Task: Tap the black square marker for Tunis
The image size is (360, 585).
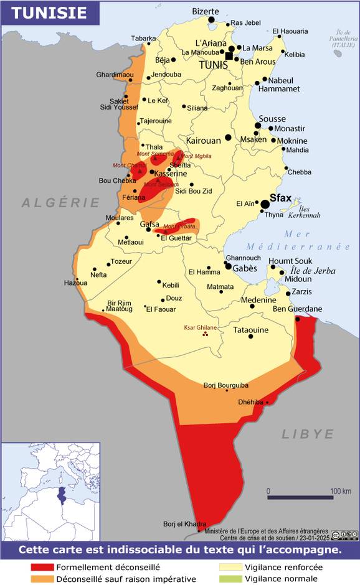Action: coord(229,57)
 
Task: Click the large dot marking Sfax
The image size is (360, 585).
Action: coord(265,204)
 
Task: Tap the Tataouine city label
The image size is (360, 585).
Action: coord(250,330)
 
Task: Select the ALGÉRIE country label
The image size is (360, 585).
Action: coord(60,203)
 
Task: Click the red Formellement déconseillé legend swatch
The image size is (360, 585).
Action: coord(42,568)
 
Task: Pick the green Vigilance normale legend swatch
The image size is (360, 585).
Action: coord(229,579)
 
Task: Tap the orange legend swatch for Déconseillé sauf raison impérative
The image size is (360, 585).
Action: coord(42,579)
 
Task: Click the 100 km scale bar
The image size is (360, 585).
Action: coord(300,497)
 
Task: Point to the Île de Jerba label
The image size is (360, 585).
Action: coord(313,271)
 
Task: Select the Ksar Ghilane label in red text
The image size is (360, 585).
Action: coord(200,327)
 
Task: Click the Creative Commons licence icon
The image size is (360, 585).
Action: coord(344,535)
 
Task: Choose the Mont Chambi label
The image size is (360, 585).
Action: coord(129,165)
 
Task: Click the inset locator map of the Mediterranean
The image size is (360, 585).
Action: coord(49,492)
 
